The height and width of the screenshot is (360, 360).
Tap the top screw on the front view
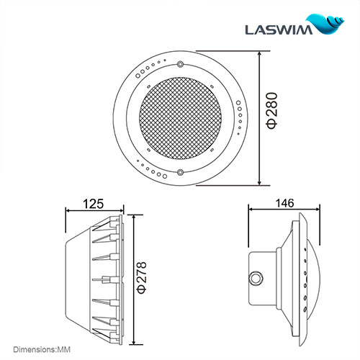[x=180, y=66]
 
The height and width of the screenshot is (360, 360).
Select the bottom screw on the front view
[x=180, y=171]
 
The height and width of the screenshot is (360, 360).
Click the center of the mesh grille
[x=180, y=119]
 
